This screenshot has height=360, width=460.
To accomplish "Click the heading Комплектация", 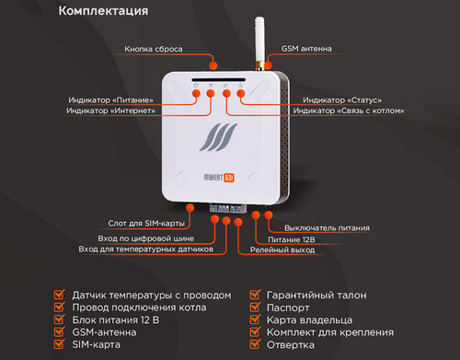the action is tap(103, 11).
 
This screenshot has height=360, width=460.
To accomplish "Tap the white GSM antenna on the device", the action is tap(259, 43).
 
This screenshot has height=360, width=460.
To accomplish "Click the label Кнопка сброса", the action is tap(154, 49).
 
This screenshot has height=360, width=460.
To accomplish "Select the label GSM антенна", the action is tap(306, 49).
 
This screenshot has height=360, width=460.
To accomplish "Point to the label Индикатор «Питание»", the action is tap(110, 100).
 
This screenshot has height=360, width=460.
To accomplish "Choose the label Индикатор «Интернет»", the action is tap(110, 110).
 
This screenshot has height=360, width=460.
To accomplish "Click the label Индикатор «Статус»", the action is tap(342, 100).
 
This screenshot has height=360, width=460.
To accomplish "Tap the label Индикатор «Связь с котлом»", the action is tap(349, 110).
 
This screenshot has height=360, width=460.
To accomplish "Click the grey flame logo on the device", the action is tap(218, 137).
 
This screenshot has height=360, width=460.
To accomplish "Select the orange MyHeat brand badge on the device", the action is tap(229, 178).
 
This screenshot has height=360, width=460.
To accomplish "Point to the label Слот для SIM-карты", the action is tap(146, 224).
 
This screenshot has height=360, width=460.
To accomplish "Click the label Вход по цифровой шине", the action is tap(146, 238).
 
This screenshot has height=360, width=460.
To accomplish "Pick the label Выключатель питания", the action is tap(327, 228).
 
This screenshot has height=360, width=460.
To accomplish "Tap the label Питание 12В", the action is tap(292, 239).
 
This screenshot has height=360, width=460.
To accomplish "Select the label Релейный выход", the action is tap(282, 250).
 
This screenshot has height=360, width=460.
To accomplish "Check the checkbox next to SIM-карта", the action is tap(60, 343).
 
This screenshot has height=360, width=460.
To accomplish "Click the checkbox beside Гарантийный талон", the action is tap(255, 295).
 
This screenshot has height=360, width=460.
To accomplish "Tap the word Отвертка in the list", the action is tap(291, 345).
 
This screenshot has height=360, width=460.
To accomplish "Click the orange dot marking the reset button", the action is tap(213, 65).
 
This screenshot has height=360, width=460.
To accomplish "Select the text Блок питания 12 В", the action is tap(116, 320).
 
